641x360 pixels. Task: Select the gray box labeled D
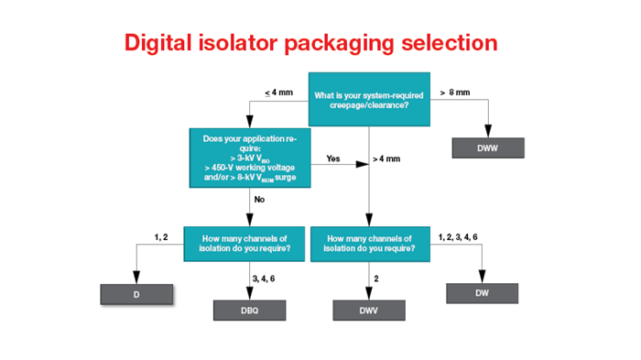pos(136,294)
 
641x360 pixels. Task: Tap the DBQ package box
pos(250,311)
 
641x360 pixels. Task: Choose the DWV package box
pos(369,311)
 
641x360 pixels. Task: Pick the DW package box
pos(482,293)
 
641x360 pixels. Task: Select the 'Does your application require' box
pos(248,158)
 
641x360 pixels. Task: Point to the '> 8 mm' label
pos(454,92)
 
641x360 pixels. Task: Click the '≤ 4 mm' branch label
pos(279,92)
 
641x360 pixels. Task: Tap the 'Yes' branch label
pos(334,158)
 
